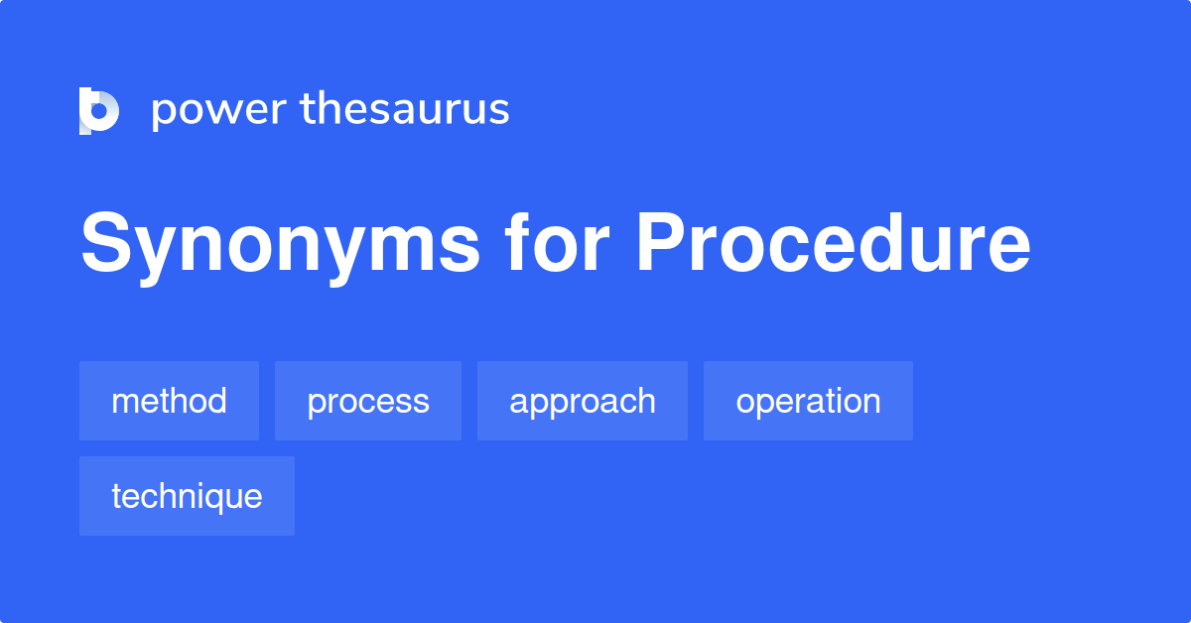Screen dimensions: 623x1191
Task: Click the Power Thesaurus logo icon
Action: [x=99, y=110]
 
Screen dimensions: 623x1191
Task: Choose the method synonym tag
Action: [x=169, y=401]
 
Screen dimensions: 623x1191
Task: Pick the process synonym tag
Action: [x=368, y=401]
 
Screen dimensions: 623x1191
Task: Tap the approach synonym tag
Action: [x=583, y=401]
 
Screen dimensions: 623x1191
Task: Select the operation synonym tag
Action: [x=808, y=401]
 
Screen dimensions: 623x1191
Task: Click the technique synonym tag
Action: [x=187, y=496]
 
